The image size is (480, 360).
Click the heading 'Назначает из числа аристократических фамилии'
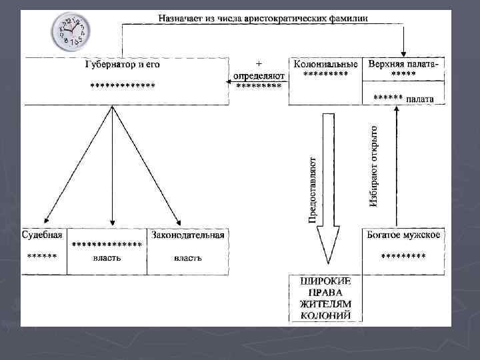point(263,17)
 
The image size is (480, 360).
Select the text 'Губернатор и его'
point(123,65)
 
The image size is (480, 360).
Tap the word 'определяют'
point(259,75)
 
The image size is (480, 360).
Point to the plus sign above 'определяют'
point(258,64)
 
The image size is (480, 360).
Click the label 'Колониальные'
point(325,64)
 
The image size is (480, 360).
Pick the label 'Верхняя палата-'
point(403,64)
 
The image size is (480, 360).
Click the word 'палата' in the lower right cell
point(421,99)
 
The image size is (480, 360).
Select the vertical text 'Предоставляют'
point(312,190)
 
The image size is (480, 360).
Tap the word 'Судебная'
point(43,235)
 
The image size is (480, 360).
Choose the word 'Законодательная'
point(187,235)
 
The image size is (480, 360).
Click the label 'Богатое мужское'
point(403,235)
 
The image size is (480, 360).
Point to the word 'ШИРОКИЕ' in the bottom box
point(325,281)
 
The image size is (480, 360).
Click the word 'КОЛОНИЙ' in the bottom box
point(325,315)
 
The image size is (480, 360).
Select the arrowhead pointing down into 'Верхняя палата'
point(403,53)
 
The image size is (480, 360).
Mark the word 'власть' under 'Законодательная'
point(187,257)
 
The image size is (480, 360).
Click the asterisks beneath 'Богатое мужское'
point(403,256)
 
